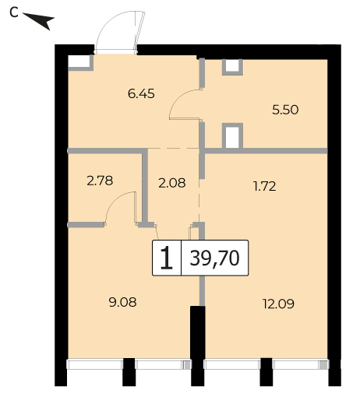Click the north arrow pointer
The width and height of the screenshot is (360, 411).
click(39, 20)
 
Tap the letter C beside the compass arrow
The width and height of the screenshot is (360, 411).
click(14, 12)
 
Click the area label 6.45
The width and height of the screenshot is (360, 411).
click(141, 93)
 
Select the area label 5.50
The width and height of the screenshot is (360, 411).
click(285, 110)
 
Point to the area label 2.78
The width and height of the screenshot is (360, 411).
click(100, 181)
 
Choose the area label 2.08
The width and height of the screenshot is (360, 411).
click(172, 183)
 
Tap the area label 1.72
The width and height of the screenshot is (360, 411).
click(265, 186)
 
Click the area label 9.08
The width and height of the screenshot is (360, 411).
click(122, 303)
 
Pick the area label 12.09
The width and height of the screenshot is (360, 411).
click(278, 304)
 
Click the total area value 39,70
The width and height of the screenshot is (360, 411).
click(214, 258)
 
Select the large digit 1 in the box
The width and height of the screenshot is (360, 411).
click(166, 258)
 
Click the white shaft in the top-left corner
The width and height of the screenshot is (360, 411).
click(79, 61)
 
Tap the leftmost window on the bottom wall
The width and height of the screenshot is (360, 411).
click(95, 364)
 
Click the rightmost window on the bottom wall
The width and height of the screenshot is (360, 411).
click(300, 364)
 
